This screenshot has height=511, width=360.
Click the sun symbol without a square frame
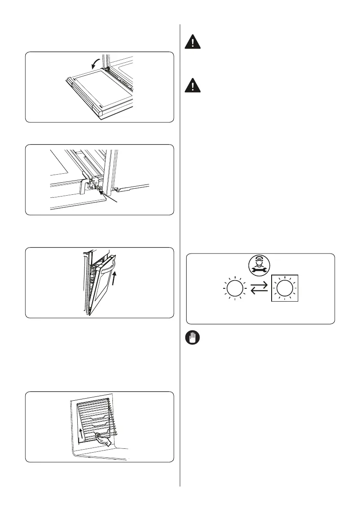click(235, 288)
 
